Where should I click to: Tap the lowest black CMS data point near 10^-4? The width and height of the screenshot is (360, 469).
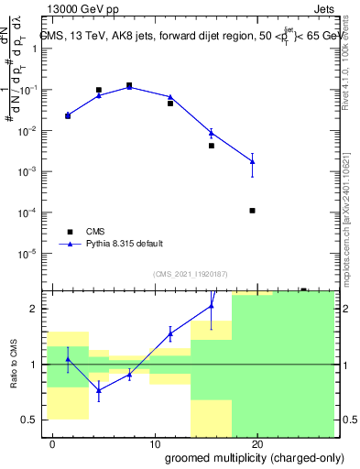[252, 211]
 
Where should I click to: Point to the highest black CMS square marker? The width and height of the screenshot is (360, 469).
[129, 85]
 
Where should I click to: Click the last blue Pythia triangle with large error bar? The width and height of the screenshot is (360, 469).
[252, 161]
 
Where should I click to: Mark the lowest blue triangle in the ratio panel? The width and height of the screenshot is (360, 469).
[99, 390]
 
